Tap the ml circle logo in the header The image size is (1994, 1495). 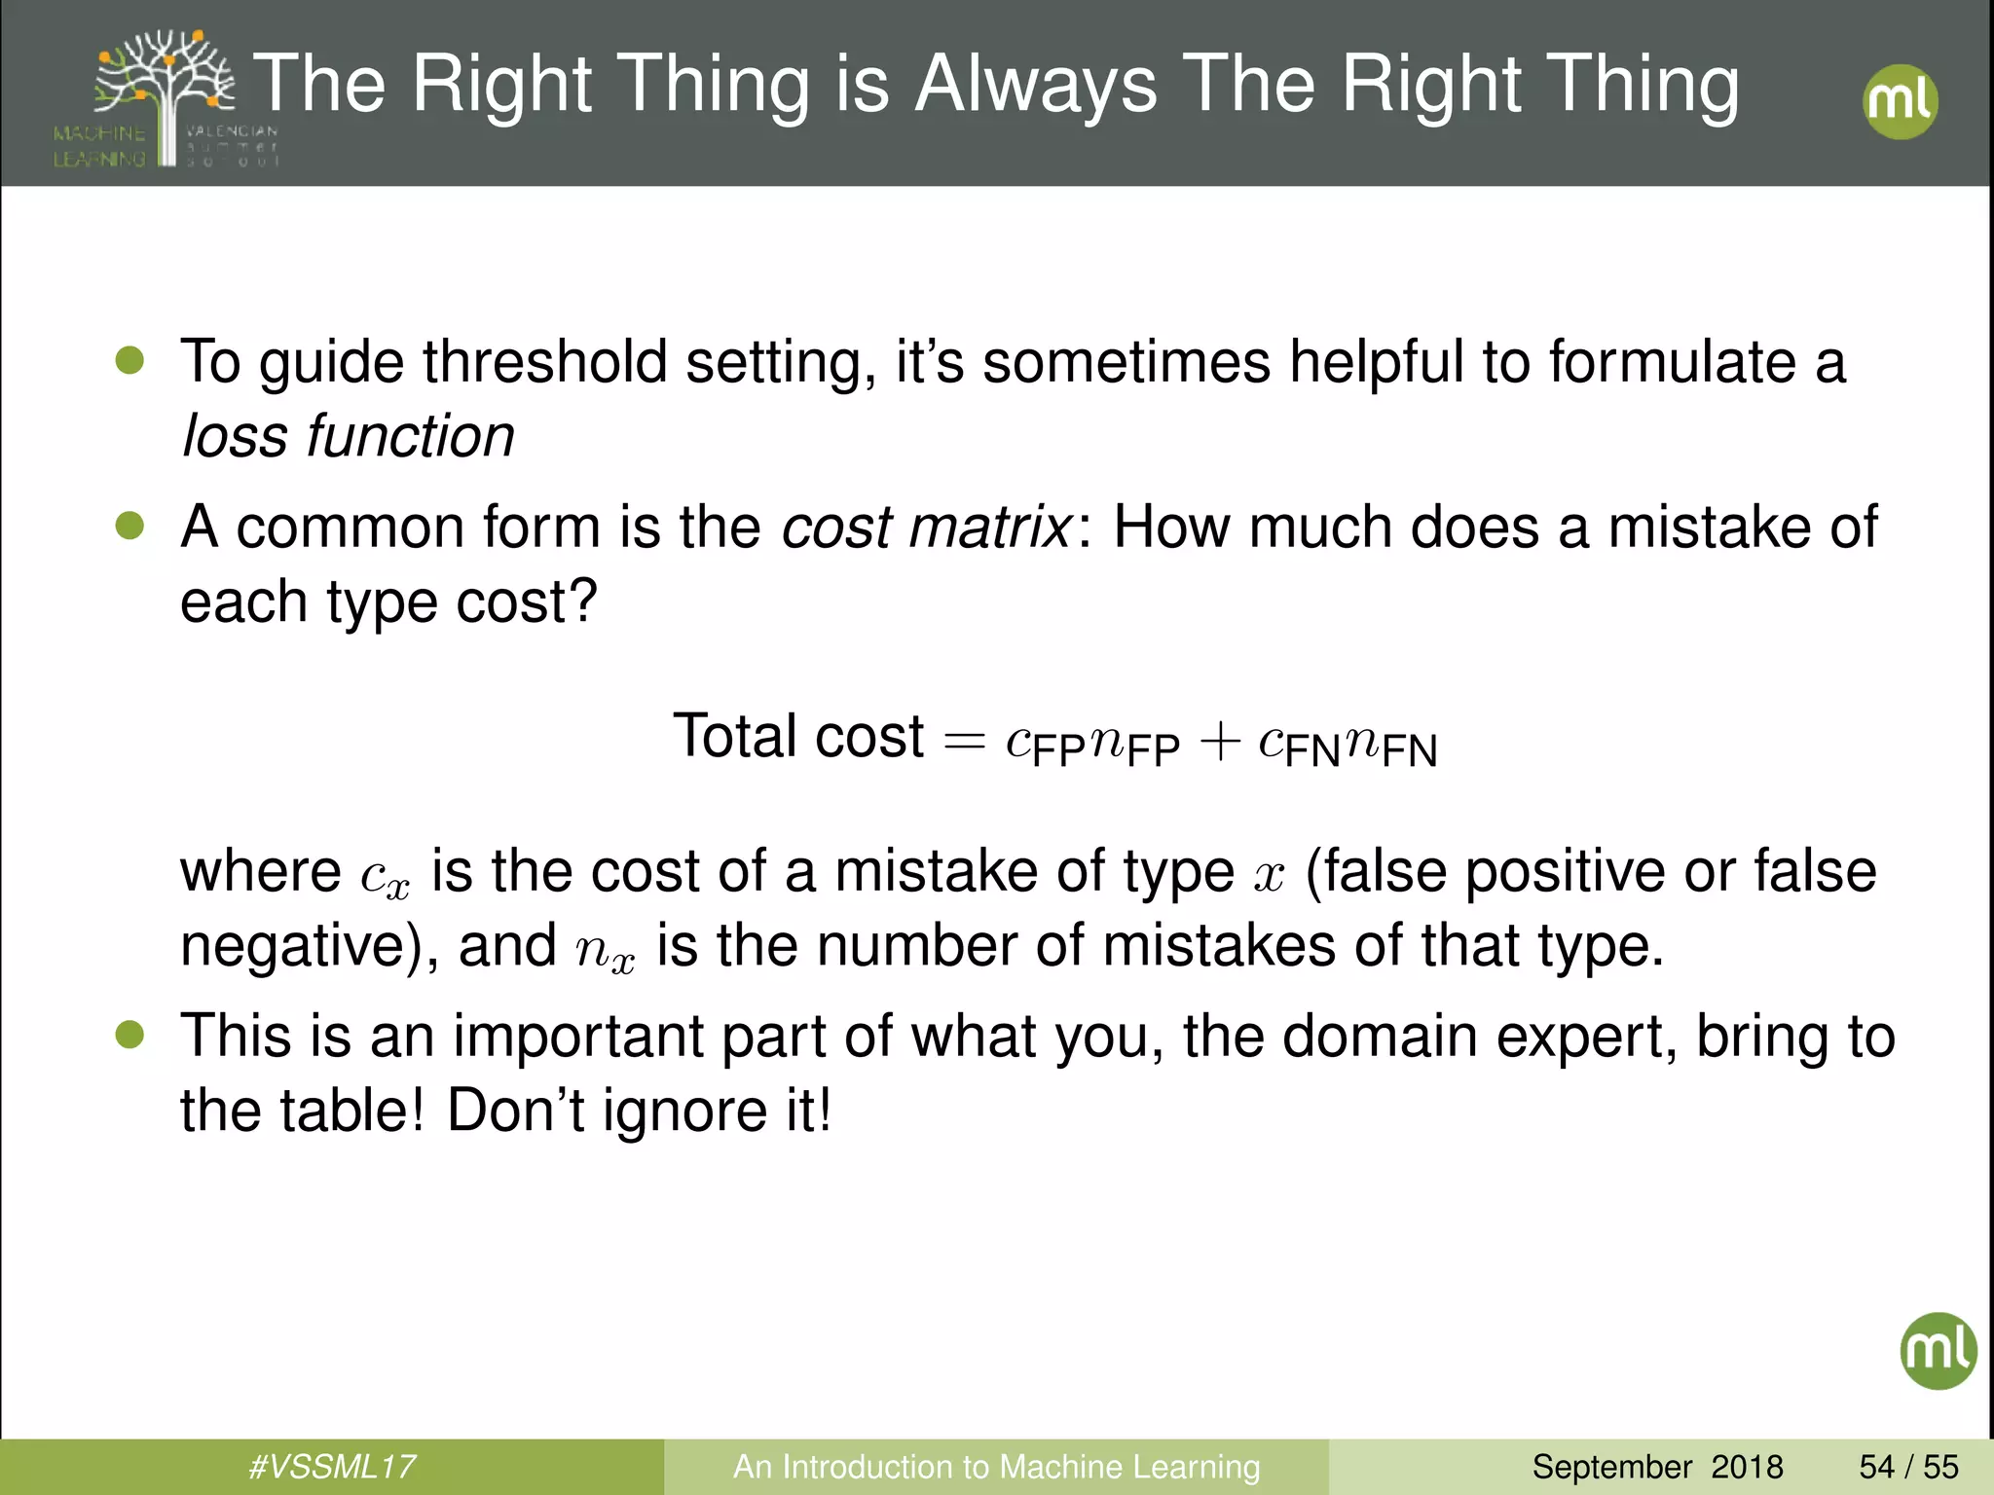pyautogui.click(x=1900, y=101)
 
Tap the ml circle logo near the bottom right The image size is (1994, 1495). pyautogui.click(x=1938, y=1350)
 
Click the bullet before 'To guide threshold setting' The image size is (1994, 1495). pyautogui.click(x=129, y=360)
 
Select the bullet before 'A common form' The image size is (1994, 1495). pyautogui.click(x=129, y=526)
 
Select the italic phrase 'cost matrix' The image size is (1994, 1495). pyautogui.click(x=925, y=528)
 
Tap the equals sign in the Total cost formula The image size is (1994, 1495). pyautogui.click(x=964, y=742)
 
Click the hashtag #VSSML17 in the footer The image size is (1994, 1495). pyautogui.click(x=331, y=1466)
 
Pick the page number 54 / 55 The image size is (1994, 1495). pyautogui.click(x=1908, y=1466)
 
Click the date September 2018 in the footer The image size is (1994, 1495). pyautogui.click(x=1657, y=1466)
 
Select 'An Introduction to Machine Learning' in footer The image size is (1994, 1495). pyautogui.click(x=996, y=1466)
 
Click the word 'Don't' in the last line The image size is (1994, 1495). pyautogui.click(x=515, y=1110)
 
